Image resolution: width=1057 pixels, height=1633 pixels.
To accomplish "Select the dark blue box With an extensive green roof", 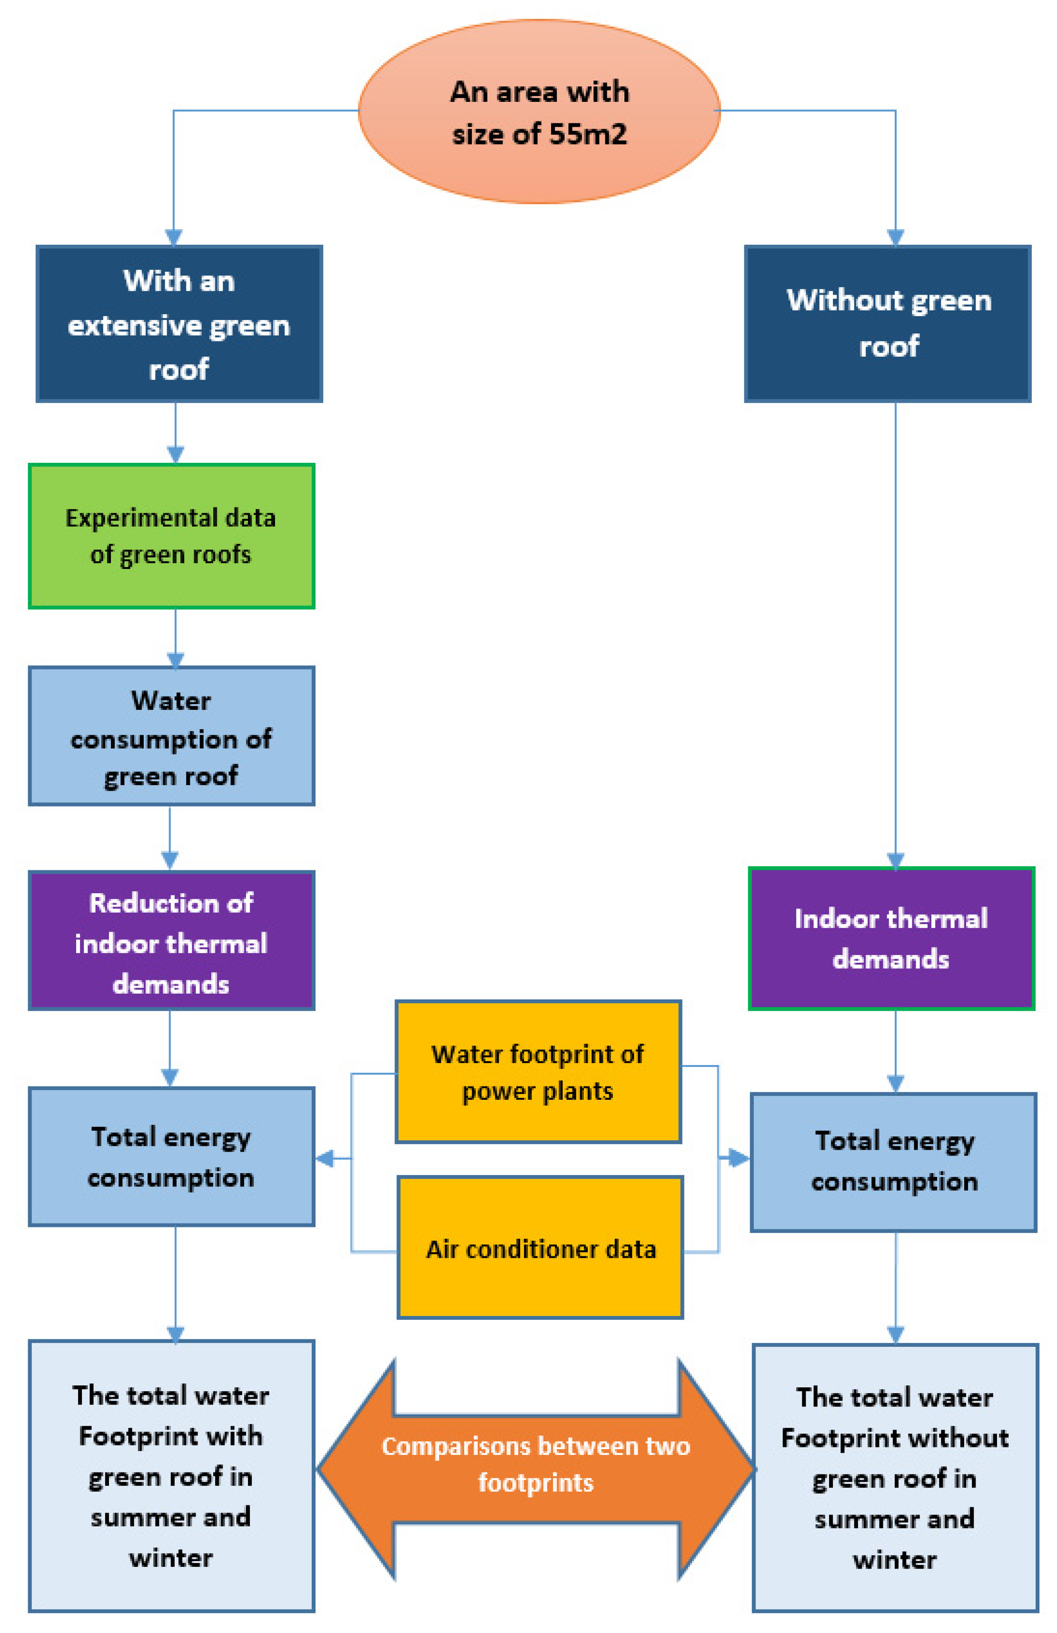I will [179, 323].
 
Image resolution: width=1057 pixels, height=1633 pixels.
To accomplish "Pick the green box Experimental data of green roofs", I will [171, 536].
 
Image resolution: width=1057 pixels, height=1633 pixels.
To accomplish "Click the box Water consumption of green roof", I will [171, 736].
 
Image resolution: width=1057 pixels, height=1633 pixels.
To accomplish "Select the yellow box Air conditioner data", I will [540, 1247].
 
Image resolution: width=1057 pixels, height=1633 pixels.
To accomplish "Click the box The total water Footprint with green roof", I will [171, 1475].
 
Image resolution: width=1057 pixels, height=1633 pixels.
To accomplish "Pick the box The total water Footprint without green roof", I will [894, 1477].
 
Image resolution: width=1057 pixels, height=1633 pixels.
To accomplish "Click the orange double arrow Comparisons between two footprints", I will [536, 1469].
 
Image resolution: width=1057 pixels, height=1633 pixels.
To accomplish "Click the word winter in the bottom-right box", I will [894, 1560].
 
